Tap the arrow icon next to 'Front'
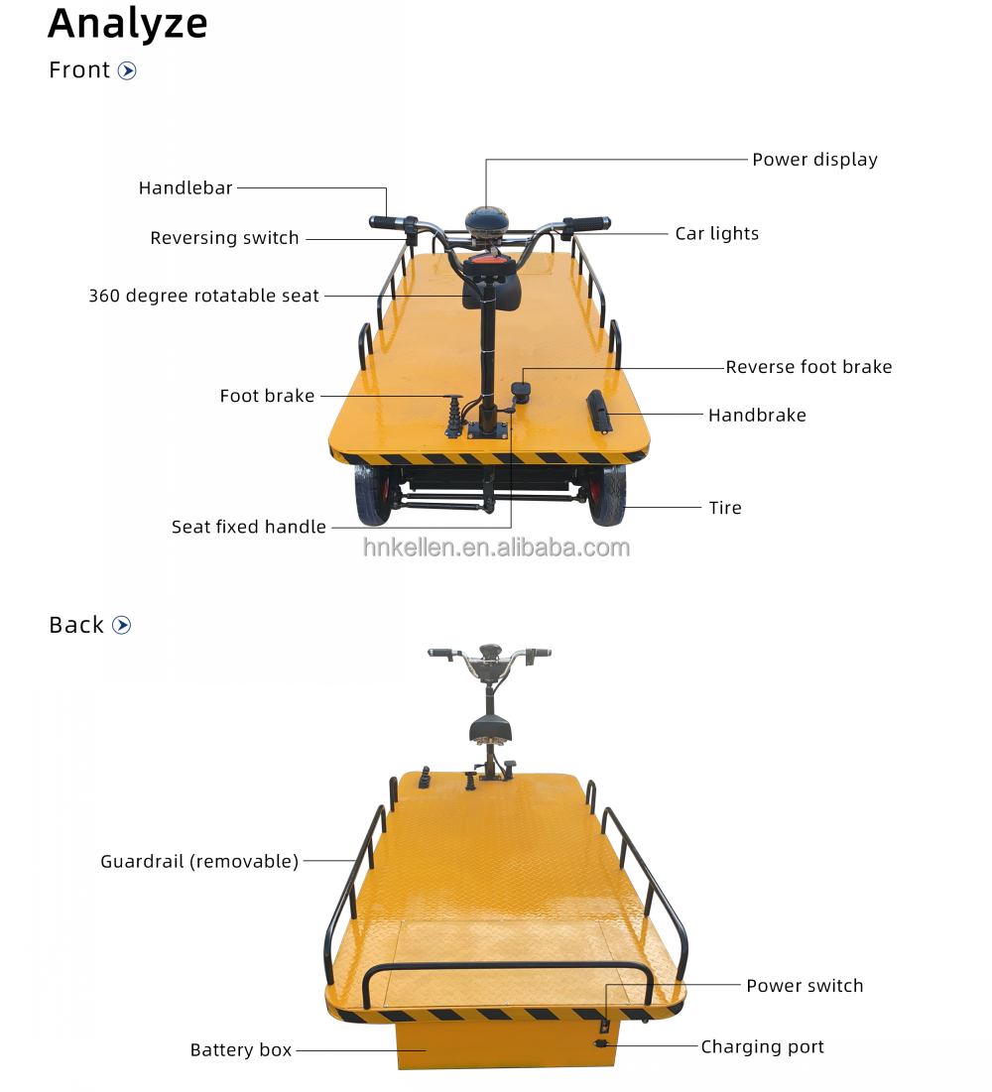[127, 70]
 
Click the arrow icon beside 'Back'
[121, 625]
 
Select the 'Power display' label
[814, 160]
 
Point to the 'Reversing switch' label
[224, 238]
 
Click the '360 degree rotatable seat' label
[203, 296]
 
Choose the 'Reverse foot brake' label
[808, 367]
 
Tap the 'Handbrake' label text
[757, 415]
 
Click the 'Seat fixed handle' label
[249, 527]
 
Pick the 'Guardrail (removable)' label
[199, 862]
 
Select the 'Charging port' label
[762, 1046]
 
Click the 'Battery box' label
[241, 1049]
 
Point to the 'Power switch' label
[805, 986]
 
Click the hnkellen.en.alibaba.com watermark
[496, 547]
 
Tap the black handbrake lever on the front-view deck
[599, 412]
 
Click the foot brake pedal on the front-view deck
[453, 416]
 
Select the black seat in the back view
[490, 729]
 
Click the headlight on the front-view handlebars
[486, 221]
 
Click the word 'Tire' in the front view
[725, 508]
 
